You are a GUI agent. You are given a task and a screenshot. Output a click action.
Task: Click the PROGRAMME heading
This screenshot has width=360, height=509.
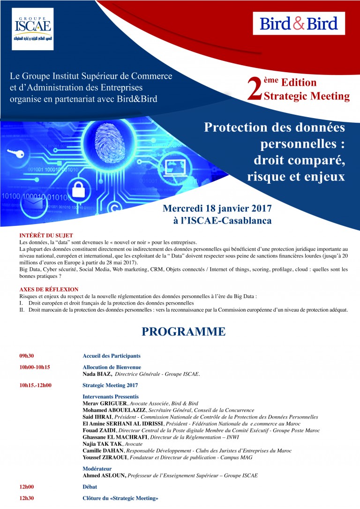pyautogui.click(x=184, y=332)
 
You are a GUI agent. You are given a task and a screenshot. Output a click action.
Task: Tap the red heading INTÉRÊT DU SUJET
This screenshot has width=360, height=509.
pyautogui.click(x=46, y=235)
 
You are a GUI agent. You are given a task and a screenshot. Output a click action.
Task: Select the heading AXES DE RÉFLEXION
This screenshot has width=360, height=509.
pyautogui.click(x=49, y=290)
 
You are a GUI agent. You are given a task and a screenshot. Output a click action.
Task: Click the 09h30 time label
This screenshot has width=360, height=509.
pyautogui.click(x=26, y=356)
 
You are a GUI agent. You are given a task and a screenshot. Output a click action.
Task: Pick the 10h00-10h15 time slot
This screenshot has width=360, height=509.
pyautogui.click(x=35, y=367)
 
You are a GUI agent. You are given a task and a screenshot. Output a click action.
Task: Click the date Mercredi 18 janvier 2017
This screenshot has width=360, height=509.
pyautogui.click(x=217, y=208)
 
